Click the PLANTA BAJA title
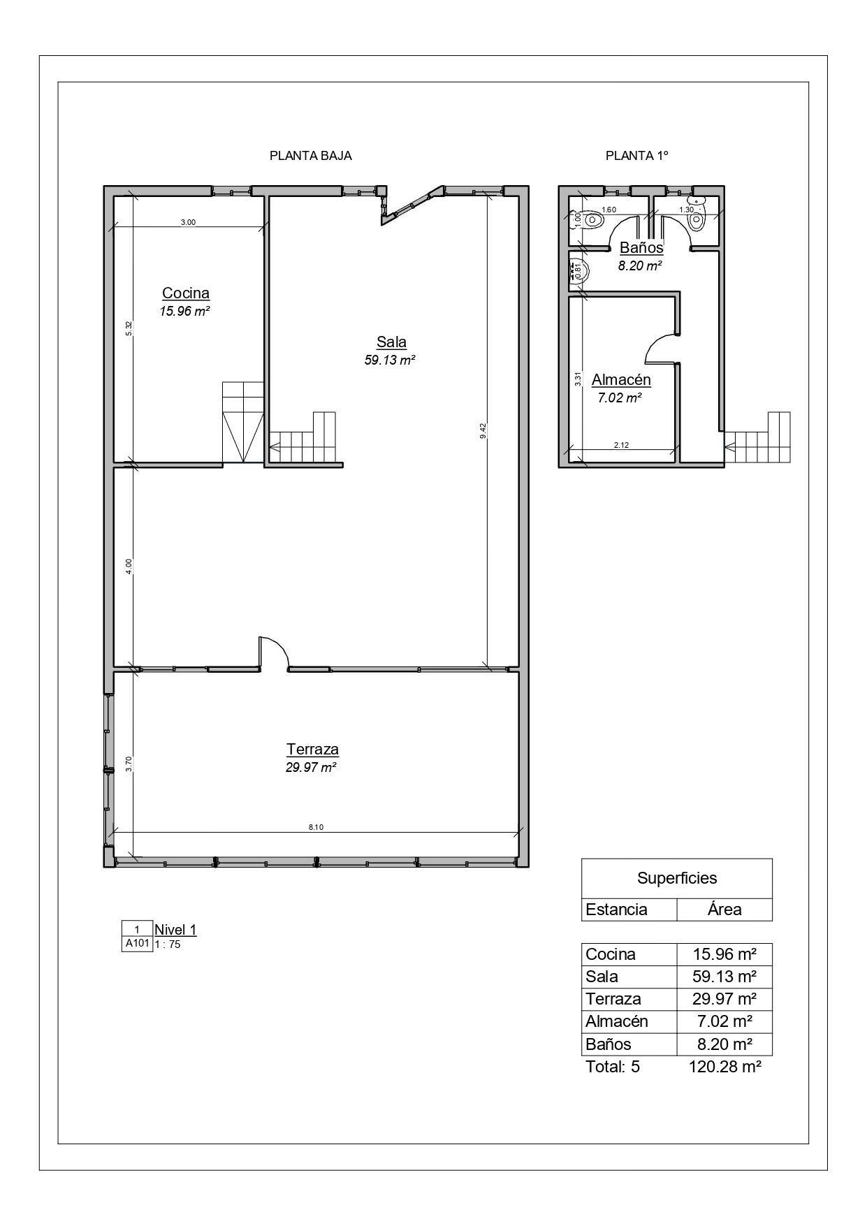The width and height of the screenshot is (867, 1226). pyautogui.click(x=311, y=156)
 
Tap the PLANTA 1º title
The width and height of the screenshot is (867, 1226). pyautogui.click(x=637, y=156)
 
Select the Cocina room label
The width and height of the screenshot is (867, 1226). pyautogui.click(x=186, y=293)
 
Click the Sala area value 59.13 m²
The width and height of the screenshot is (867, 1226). pyautogui.click(x=391, y=360)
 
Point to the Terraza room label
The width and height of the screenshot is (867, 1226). pyautogui.click(x=312, y=750)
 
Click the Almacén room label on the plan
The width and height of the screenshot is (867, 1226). pyautogui.click(x=621, y=380)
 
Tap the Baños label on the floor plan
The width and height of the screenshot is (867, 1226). pyautogui.click(x=641, y=248)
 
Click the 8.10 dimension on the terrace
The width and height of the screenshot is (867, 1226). pyautogui.click(x=316, y=827)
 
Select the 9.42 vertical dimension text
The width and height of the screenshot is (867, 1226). pyautogui.click(x=483, y=431)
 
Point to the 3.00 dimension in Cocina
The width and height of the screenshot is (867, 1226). pyautogui.click(x=188, y=222)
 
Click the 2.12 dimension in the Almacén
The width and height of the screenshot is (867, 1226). pyautogui.click(x=621, y=445)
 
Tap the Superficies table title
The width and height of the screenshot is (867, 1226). pyautogui.click(x=677, y=878)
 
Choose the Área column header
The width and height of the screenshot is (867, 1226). pyautogui.click(x=724, y=910)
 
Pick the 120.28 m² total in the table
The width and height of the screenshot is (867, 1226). pyautogui.click(x=724, y=1067)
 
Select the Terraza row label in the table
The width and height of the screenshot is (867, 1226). pyautogui.click(x=613, y=999)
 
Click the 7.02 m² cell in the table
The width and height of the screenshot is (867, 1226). pyautogui.click(x=724, y=1021)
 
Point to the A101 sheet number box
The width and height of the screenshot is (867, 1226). pyautogui.click(x=137, y=944)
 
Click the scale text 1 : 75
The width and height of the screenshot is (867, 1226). pyautogui.click(x=168, y=944)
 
